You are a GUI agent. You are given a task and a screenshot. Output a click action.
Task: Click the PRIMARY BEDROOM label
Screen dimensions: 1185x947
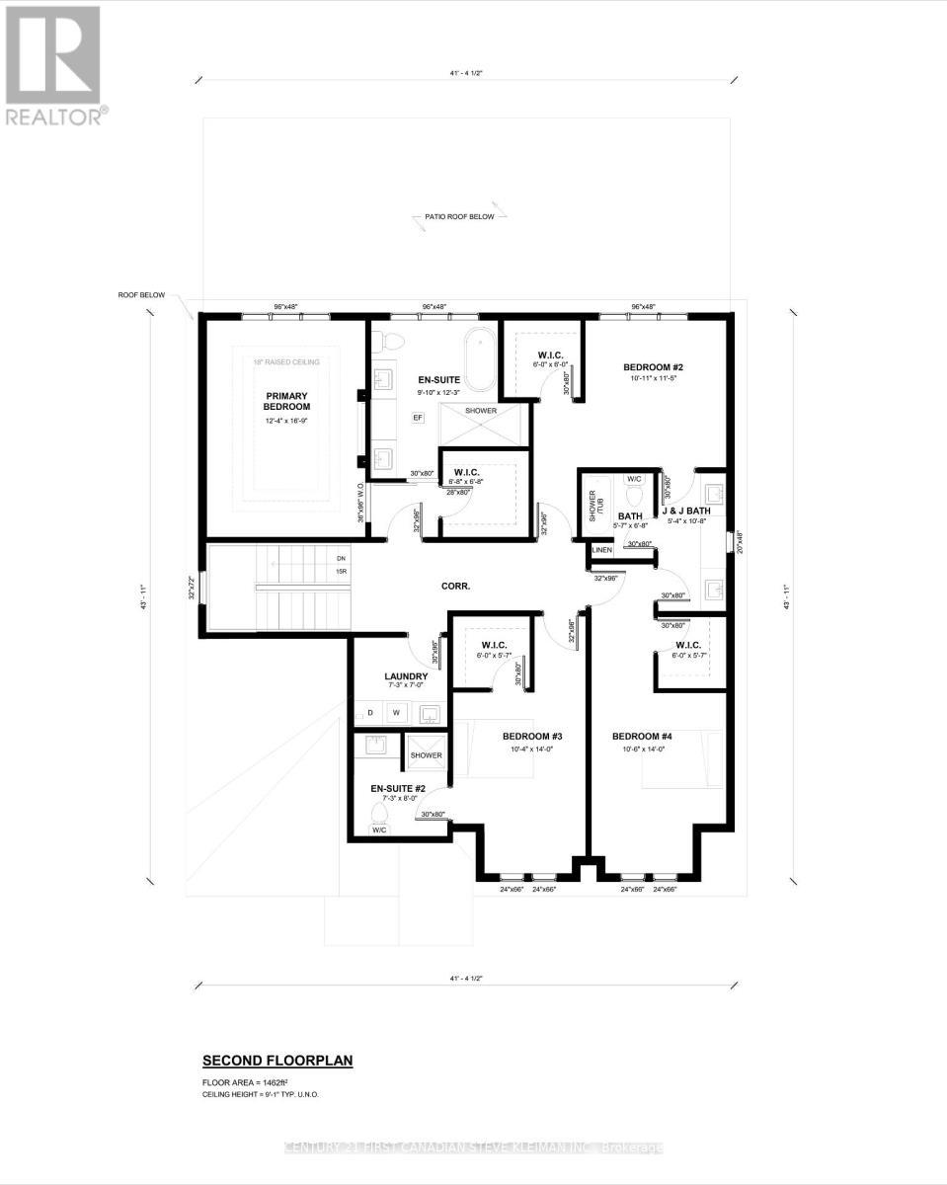[x=286, y=400]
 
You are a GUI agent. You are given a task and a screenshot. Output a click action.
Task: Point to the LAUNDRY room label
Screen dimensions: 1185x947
[x=406, y=676]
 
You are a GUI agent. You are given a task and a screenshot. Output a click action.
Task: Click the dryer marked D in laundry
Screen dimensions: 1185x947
[x=370, y=712]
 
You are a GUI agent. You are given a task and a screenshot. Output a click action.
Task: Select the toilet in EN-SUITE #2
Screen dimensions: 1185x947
[x=379, y=816]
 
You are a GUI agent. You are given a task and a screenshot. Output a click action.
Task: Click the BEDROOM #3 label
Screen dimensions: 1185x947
[x=531, y=737]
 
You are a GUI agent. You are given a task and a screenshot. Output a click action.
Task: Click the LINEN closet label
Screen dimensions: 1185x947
[x=602, y=550]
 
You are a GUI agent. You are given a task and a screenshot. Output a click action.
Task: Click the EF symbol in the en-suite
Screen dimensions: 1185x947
[x=418, y=419]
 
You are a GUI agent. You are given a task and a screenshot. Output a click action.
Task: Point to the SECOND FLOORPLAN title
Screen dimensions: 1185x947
[x=277, y=1061]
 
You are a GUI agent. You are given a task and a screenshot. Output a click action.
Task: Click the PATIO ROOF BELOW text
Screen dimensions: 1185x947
[x=453, y=216]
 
